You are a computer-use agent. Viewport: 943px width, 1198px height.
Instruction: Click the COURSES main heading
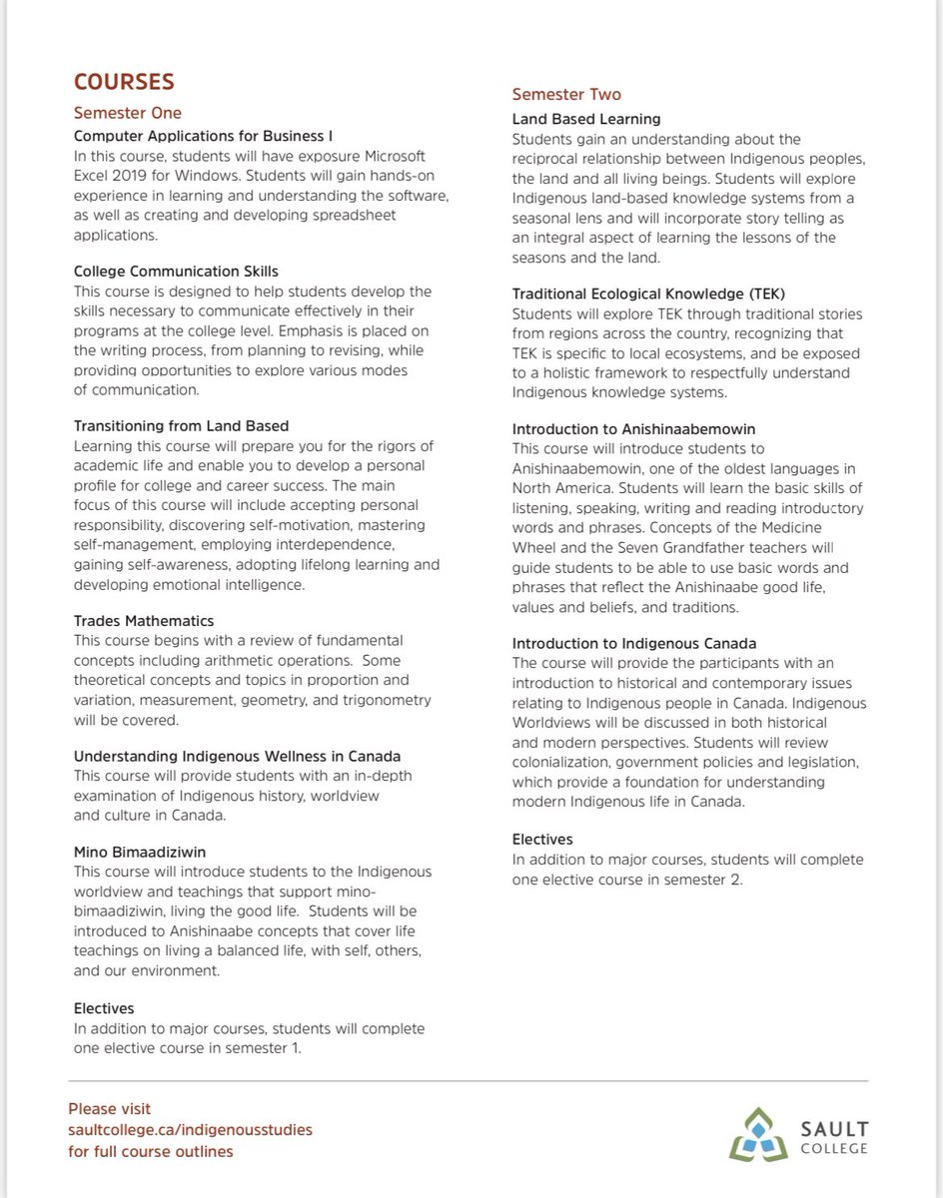tap(124, 81)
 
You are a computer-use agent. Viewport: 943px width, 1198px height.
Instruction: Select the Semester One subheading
tap(128, 113)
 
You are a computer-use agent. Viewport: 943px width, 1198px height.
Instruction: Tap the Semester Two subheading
tap(566, 95)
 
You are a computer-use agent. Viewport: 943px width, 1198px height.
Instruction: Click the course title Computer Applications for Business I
tap(204, 135)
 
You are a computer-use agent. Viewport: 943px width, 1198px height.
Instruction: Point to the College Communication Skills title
tap(176, 271)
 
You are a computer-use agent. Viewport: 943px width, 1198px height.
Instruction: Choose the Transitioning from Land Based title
tap(182, 426)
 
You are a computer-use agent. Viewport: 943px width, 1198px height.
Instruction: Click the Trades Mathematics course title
tap(144, 621)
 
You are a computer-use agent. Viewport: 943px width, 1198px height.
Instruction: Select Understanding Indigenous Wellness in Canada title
tap(237, 757)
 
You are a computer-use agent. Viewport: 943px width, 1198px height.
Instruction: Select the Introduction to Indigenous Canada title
tap(634, 643)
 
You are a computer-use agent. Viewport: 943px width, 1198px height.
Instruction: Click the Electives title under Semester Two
tap(542, 840)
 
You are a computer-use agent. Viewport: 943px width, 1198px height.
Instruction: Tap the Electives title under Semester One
tap(104, 1008)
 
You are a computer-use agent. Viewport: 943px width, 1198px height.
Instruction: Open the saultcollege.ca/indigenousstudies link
tap(190, 1130)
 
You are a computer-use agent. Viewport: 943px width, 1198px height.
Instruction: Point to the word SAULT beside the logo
tap(832, 1129)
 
